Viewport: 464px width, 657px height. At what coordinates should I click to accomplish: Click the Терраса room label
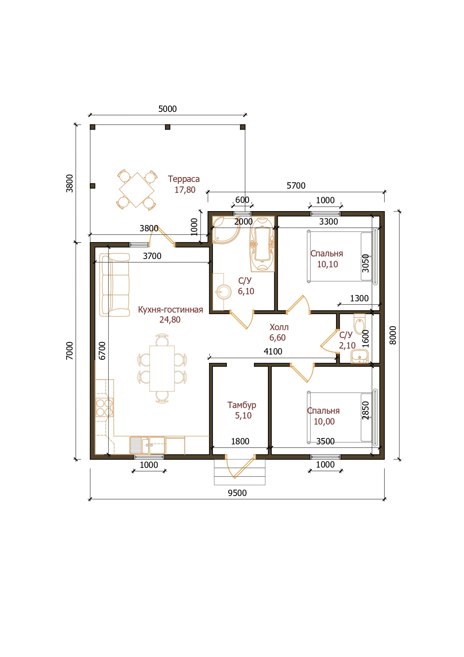(184, 179)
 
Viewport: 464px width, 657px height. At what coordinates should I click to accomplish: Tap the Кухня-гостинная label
(171, 310)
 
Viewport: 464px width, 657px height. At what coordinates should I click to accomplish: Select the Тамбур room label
(242, 405)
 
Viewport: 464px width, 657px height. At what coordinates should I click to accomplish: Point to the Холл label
(279, 327)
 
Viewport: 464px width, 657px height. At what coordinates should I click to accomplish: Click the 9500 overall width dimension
(237, 493)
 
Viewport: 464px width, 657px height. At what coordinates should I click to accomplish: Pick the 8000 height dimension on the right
(393, 335)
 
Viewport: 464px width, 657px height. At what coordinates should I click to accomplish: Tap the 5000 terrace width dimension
(167, 109)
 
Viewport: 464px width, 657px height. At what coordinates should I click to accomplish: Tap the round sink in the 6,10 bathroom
(224, 292)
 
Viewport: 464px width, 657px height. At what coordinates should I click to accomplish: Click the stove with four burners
(104, 408)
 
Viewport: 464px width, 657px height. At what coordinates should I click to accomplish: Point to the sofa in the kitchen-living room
(115, 285)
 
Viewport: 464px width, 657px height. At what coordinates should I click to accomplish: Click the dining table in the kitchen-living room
(162, 368)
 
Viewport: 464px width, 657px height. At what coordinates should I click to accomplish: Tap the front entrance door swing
(240, 466)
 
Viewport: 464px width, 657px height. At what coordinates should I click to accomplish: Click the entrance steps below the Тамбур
(239, 472)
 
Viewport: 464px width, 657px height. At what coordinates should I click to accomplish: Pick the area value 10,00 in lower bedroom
(324, 422)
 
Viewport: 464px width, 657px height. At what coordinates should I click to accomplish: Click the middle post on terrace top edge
(168, 127)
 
